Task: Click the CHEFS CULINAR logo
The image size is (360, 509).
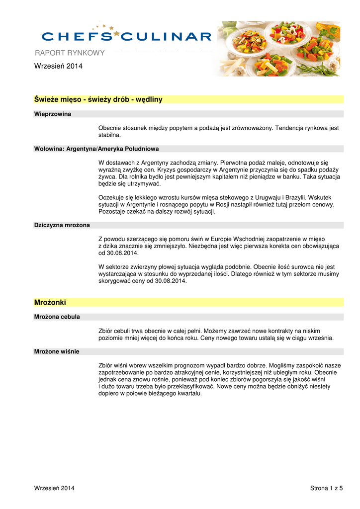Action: coord(127,36)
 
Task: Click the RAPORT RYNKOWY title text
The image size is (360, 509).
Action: coord(69,53)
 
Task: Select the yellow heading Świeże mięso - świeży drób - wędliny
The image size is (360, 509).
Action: coord(98,99)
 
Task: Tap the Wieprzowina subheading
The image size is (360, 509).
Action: coord(52,114)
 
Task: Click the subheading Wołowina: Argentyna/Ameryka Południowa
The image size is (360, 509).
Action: coord(96,149)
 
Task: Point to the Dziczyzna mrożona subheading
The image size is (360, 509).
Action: coord(62,225)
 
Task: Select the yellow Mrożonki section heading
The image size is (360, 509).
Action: coord(50,302)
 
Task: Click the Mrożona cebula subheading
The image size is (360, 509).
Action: coord(57,317)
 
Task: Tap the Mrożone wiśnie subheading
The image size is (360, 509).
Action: coord(56,351)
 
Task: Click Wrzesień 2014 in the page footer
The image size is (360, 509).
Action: coord(54,489)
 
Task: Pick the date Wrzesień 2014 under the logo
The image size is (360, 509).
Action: coord(58,66)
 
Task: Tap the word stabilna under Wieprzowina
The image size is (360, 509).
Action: coord(109,135)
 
